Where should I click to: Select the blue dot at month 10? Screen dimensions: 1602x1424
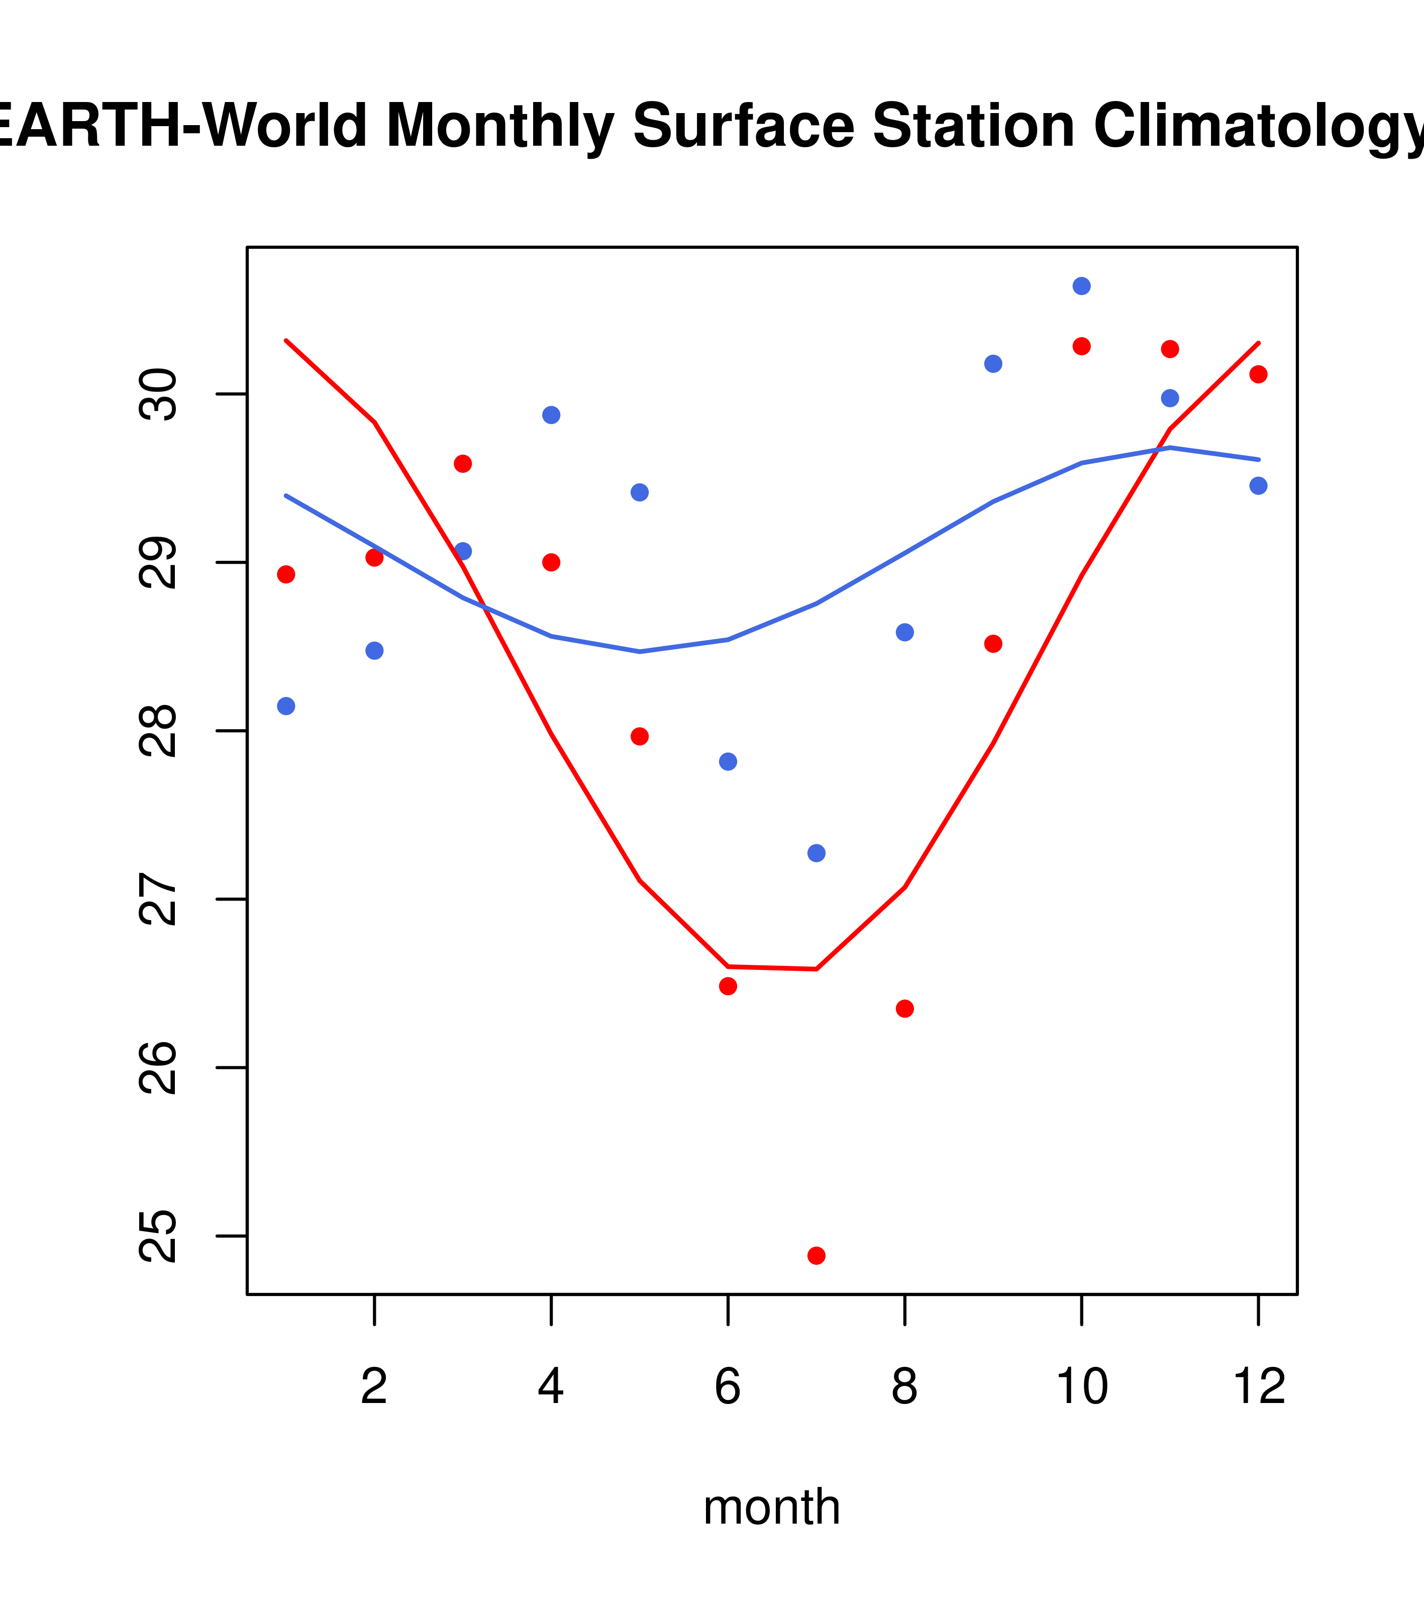[x=1081, y=286]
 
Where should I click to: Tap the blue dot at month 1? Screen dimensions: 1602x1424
[x=286, y=706]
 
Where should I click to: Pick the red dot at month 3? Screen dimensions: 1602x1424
[x=463, y=464]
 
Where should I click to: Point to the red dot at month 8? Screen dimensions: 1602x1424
[x=904, y=1009]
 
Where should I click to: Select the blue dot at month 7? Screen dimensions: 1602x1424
[x=816, y=853]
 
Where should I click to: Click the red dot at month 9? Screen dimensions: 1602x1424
[x=993, y=644]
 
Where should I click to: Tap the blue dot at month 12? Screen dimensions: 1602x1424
[x=1258, y=486]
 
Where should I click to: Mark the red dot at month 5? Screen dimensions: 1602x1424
[x=640, y=736]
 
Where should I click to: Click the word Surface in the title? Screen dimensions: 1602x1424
[x=743, y=126]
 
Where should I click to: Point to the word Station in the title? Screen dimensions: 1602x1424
[x=973, y=126]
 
